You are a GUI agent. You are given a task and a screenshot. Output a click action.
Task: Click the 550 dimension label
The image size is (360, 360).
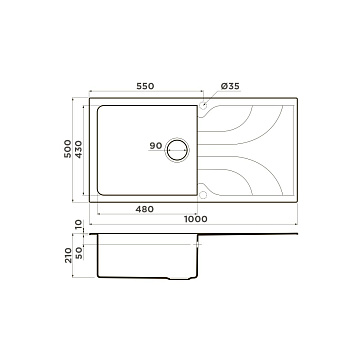pos(145,86)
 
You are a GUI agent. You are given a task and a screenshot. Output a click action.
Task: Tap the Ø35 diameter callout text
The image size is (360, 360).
pos(230,86)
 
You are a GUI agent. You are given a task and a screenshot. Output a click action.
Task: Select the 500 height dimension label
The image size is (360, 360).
pos(68,149)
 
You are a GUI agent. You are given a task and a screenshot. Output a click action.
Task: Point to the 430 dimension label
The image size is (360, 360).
pos(78,149)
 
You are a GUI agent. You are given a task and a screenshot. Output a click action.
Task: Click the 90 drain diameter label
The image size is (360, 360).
pos(156,146)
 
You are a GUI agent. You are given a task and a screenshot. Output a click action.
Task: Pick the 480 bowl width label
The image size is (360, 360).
pos(145,209)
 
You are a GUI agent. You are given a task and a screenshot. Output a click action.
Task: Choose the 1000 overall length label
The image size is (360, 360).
pos(196,219)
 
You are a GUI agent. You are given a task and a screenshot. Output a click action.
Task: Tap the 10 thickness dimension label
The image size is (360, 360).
pos(78,225)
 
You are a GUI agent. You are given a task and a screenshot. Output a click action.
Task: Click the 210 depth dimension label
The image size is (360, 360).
pos(68,255)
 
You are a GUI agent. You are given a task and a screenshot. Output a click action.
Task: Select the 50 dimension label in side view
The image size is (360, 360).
pos(79,253)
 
